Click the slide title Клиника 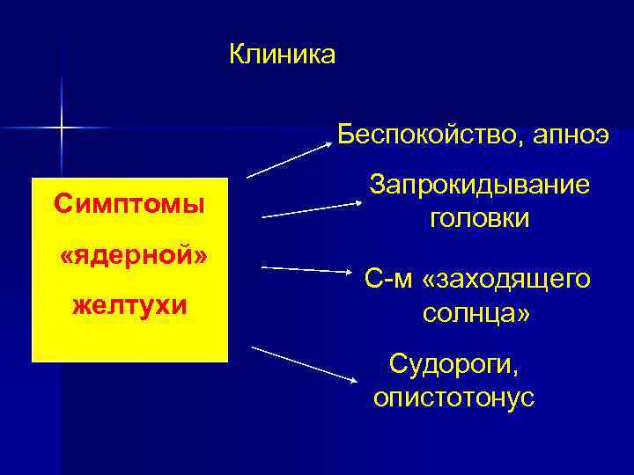point(282,55)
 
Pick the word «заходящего point(507,280)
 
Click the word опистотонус point(453,397)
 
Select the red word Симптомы point(129,204)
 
